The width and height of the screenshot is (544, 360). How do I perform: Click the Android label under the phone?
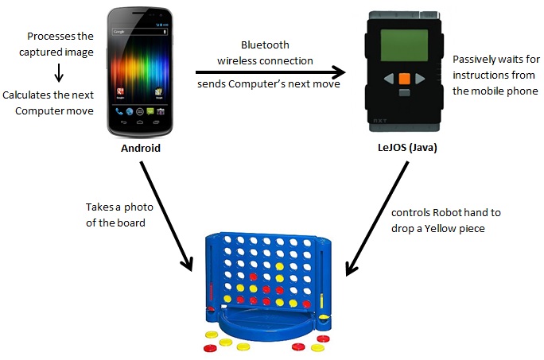tap(141, 148)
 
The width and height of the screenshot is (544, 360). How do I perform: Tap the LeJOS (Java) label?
tap(403, 148)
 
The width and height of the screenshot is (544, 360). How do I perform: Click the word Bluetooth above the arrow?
tap(266, 45)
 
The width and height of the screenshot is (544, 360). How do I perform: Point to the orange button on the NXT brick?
tap(404, 79)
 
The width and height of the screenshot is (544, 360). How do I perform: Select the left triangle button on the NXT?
tap(388, 79)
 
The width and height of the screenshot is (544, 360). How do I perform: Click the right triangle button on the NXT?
tap(421, 79)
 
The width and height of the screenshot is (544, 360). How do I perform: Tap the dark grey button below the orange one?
tap(404, 93)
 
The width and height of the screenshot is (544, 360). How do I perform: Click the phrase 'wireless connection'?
tap(265, 60)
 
